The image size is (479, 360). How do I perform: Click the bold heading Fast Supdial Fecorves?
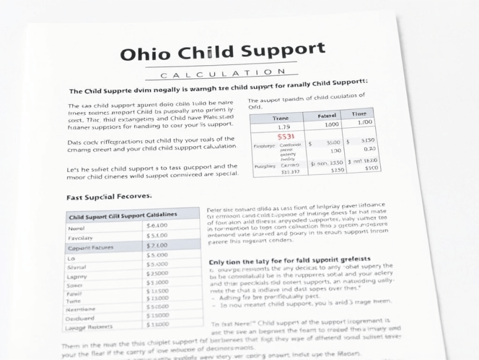[109, 196]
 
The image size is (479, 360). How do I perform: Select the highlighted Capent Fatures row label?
[91, 247]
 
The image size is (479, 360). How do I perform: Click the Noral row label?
[77, 227]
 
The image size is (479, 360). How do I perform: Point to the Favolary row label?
[80, 237]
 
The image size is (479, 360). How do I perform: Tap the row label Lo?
[71, 258]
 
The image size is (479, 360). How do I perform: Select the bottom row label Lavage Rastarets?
[89, 327]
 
